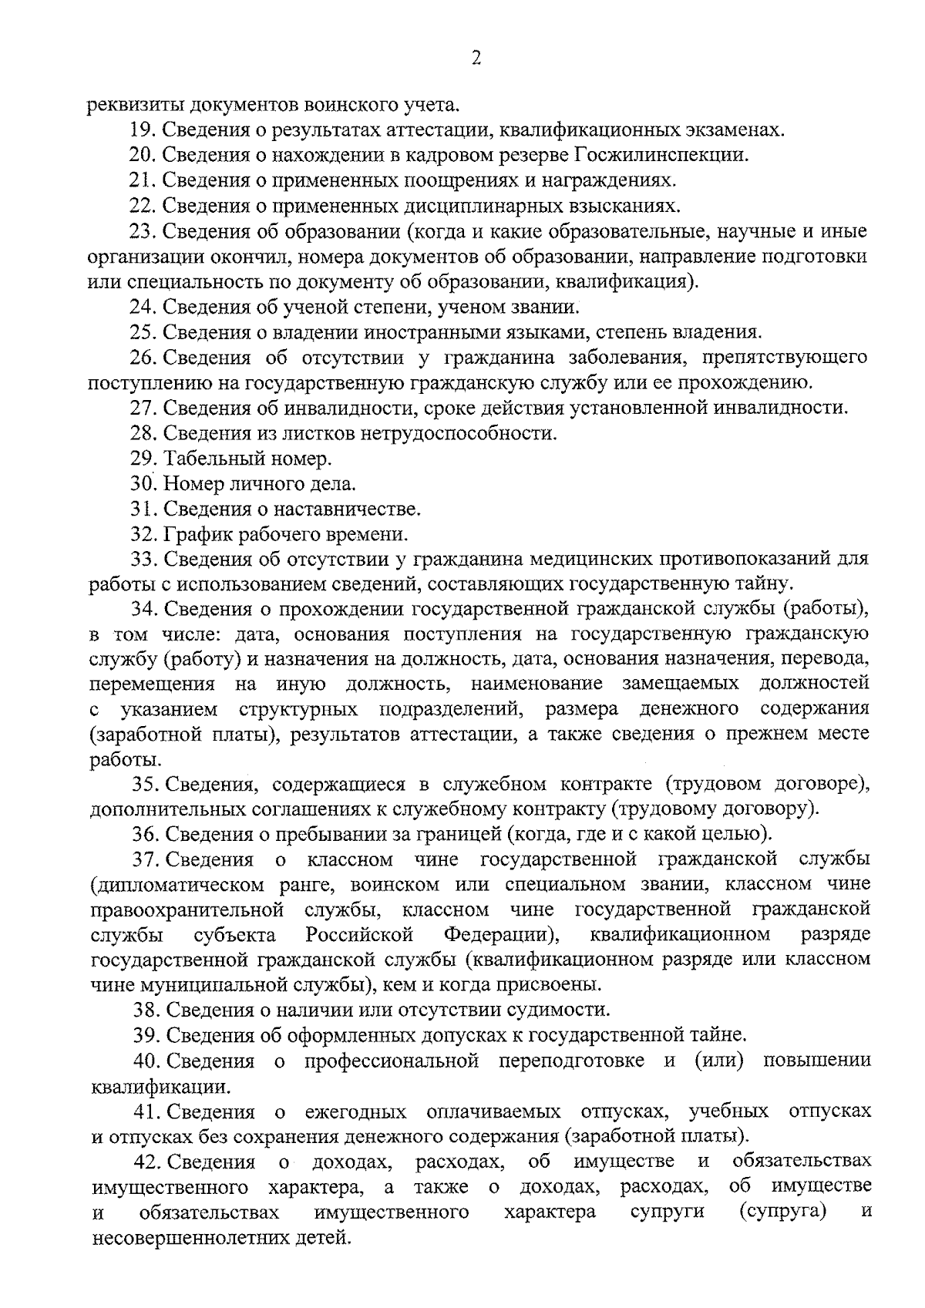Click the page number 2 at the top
(x=476, y=59)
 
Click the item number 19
(x=143, y=129)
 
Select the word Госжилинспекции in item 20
(x=661, y=155)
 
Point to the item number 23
(x=143, y=231)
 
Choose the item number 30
(x=143, y=485)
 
